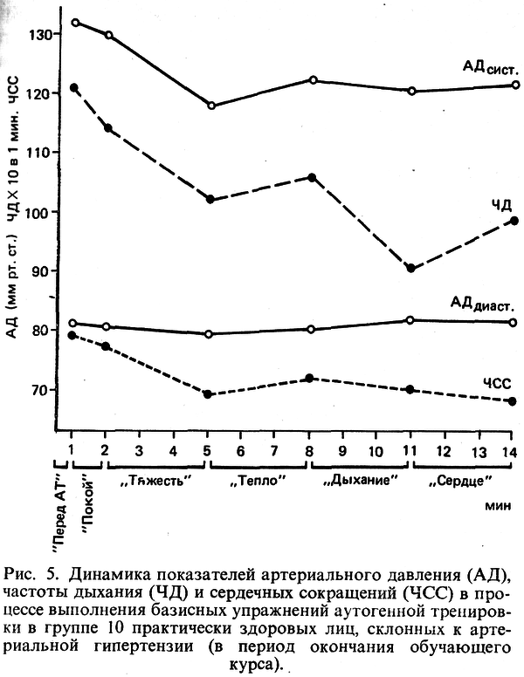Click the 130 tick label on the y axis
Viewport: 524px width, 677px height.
38,34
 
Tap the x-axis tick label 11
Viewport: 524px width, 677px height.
410,449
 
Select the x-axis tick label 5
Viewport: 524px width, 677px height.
208,449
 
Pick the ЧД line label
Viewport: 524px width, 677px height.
497,204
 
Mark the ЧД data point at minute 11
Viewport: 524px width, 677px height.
410,268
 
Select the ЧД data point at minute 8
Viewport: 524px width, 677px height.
311,177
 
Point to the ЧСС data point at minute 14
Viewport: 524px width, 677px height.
513,401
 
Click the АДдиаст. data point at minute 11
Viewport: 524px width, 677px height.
410,320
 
